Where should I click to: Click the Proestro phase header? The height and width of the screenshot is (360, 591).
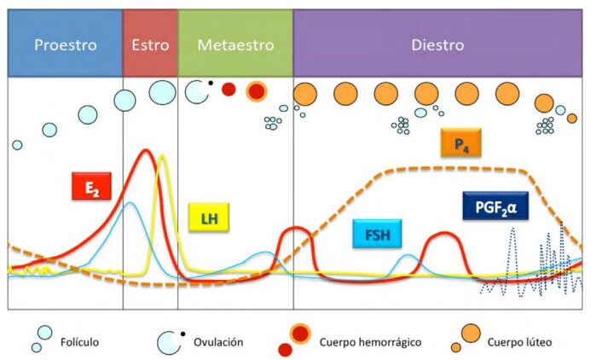(x=65, y=44)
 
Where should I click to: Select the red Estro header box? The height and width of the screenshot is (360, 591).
(x=150, y=44)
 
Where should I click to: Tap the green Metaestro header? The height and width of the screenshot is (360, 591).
(x=235, y=44)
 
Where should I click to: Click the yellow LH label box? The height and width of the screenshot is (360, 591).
(x=210, y=218)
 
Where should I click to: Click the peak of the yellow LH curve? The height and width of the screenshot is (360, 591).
(x=162, y=155)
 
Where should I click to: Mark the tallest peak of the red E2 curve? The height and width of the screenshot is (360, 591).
(x=147, y=151)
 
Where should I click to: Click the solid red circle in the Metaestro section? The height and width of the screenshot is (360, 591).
(x=229, y=89)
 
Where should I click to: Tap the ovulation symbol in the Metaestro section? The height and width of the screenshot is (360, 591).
(x=198, y=91)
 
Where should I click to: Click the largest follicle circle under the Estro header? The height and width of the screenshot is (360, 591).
(x=163, y=91)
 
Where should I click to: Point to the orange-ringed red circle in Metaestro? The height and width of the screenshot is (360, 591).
(x=256, y=90)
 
